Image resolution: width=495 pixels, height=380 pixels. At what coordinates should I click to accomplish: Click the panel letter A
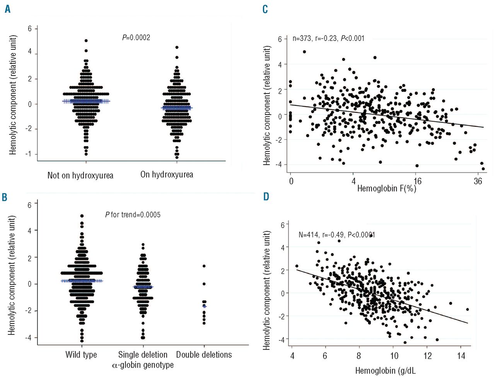tap(7, 9)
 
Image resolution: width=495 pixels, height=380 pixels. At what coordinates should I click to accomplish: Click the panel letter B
tap(5, 197)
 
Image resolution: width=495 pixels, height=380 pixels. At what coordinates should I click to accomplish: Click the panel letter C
tap(265, 9)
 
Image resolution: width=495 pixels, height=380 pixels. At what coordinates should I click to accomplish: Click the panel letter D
tap(266, 197)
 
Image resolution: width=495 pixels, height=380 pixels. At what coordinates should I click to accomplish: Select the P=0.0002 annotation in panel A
tap(136, 37)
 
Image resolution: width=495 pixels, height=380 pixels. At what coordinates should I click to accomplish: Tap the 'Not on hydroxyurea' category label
tap(80, 175)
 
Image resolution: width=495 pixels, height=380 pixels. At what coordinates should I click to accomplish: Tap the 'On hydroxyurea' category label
tap(167, 175)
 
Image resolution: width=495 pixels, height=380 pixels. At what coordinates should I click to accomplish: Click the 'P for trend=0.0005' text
tap(133, 214)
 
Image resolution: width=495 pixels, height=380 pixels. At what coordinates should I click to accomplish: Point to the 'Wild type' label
tap(81, 355)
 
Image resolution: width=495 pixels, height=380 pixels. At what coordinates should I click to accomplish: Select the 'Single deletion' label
tap(143, 355)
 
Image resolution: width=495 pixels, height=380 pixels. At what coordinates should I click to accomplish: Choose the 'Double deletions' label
tap(204, 355)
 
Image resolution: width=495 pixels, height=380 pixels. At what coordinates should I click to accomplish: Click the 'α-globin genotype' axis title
tap(143, 365)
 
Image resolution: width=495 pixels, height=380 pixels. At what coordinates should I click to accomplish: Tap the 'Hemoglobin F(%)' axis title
tap(386, 188)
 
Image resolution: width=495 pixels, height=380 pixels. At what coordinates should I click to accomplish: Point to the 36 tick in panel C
tap(478, 181)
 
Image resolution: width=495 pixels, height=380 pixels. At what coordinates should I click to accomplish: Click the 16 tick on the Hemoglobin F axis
tap(417, 181)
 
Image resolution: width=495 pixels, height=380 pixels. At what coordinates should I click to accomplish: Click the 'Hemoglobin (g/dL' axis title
tap(386, 371)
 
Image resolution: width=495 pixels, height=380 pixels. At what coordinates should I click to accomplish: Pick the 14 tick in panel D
tap(461, 355)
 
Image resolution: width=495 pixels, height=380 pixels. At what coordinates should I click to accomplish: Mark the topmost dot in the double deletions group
tap(204, 266)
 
